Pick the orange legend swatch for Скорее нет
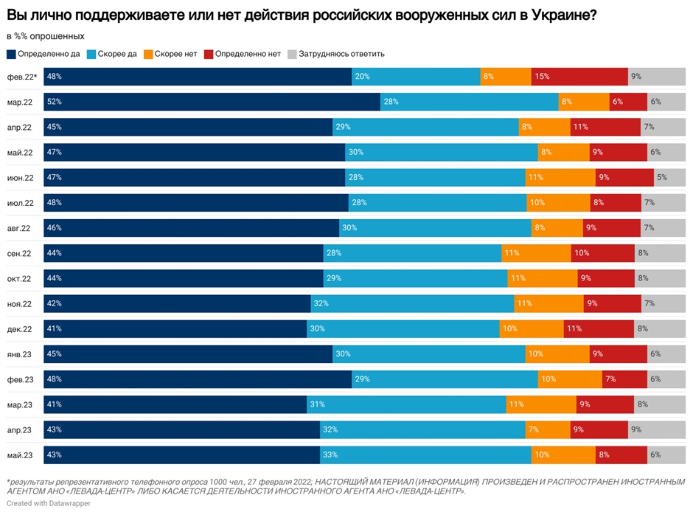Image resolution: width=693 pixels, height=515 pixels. click(148, 54)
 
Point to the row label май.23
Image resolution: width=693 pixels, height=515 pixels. click(20, 454)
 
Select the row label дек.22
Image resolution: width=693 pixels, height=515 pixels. click(20, 329)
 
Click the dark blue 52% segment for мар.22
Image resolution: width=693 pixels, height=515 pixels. click(212, 102)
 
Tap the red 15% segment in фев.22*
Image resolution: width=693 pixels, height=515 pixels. click(579, 77)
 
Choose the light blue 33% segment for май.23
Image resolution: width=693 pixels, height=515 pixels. click(425, 454)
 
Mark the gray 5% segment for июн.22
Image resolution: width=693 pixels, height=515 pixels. click(669, 177)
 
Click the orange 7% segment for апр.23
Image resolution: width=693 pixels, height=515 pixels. click(548, 429)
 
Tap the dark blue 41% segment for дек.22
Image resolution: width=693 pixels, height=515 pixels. click(175, 329)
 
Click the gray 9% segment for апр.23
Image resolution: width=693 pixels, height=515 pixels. click(657, 429)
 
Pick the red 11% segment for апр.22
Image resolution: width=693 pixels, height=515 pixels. click(605, 127)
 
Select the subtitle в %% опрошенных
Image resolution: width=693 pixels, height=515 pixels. click(45, 36)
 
